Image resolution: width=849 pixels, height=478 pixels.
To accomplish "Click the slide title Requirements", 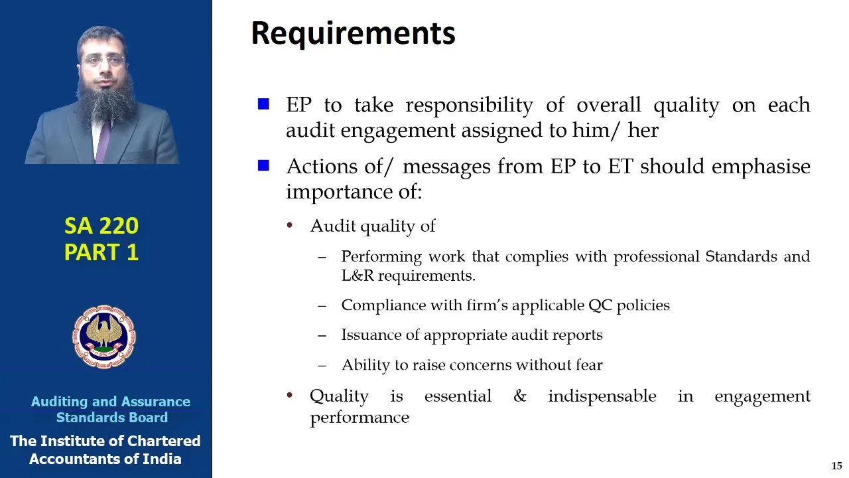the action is coord(353,34).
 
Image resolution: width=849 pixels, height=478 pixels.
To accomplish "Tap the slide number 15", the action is coord(836,465).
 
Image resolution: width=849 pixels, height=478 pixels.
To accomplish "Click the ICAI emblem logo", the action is coord(104,337).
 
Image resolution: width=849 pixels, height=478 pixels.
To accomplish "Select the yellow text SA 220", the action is coord(101,226).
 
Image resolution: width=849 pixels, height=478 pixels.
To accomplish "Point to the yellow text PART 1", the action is coord(101,252).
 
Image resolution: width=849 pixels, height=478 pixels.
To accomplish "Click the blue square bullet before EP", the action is coord(263,104).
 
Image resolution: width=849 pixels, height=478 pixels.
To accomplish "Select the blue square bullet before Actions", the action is coord(263,165).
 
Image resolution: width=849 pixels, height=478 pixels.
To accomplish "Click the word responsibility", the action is coord(469,105).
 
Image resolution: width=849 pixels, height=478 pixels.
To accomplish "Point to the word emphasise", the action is coord(761,167).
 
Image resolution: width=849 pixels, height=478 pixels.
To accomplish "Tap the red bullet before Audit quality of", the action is coord(290,225).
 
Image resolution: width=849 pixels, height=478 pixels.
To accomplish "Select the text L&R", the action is coord(358,276).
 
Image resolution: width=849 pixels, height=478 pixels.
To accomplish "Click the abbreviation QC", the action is coord(600,305).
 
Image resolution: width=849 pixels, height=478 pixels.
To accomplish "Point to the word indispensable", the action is coord(602,396).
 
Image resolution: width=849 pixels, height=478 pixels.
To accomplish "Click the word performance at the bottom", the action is coord(359,418).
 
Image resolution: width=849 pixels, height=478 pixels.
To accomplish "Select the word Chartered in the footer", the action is coord(163,441).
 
